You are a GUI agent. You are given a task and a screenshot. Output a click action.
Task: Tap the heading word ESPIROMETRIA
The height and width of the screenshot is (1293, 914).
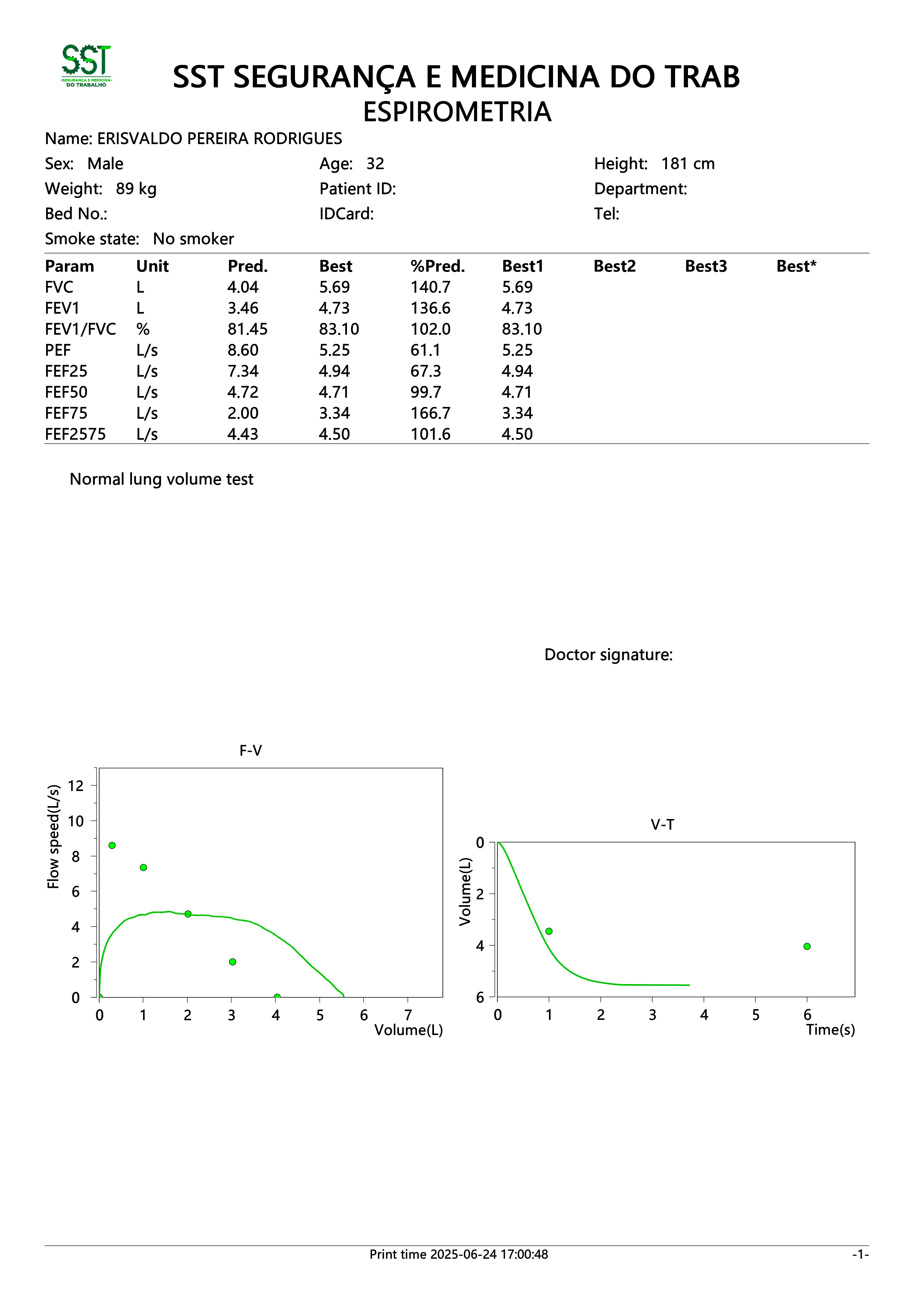[x=457, y=112]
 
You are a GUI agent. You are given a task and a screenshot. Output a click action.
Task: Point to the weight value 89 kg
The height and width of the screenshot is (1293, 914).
[x=136, y=189]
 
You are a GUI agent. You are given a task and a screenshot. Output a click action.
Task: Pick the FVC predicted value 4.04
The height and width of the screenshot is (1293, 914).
[x=243, y=287]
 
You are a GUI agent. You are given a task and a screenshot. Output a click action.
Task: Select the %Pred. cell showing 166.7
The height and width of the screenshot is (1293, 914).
[x=430, y=413]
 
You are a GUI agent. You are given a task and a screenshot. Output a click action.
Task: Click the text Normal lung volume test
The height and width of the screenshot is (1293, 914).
[x=161, y=479]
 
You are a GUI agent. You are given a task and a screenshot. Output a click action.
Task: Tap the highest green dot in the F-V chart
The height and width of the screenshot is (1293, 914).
[x=112, y=845]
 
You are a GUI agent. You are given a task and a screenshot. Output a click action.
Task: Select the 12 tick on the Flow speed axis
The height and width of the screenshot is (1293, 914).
[x=76, y=785]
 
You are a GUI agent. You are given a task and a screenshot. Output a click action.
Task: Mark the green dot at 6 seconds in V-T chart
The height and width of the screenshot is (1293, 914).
[x=807, y=946]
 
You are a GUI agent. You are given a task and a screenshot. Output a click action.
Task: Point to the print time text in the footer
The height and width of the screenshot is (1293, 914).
[x=458, y=1254]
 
